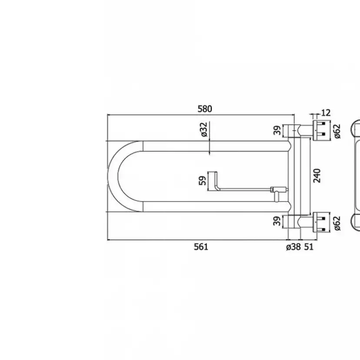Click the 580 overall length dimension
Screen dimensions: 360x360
[x=205, y=109]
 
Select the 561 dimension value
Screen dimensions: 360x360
[x=201, y=247]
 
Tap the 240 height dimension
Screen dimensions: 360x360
[x=317, y=175]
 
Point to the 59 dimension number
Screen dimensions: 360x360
[x=202, y=180]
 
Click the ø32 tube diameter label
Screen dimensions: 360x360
[x=204, y=130]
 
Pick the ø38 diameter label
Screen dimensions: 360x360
[x=293, y=247]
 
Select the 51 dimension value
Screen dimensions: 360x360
[x=309, y=247]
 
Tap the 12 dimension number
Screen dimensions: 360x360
[x=326, y=113]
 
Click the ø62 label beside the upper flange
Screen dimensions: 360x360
[x=338, y=130]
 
